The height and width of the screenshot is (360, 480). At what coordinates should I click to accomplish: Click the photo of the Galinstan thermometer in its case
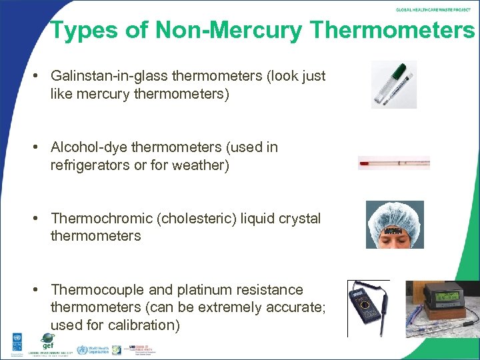(394, 85)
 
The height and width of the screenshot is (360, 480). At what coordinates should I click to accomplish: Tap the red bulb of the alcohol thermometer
(362, 161)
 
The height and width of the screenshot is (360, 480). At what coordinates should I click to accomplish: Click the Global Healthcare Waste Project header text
(434, 10)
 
